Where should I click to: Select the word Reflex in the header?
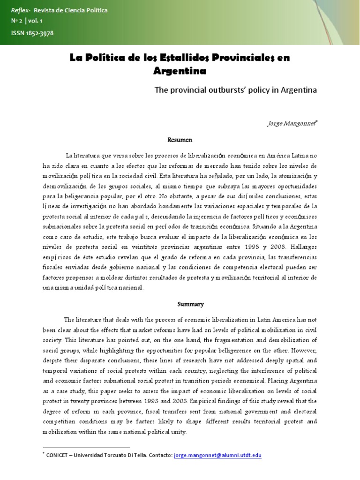click(19, 10)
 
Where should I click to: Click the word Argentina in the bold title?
click(180, 71)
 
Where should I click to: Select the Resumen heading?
click(180, 140)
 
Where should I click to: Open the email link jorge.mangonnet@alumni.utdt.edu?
click(217, 455)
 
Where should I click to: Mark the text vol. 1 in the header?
click(35, 21)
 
